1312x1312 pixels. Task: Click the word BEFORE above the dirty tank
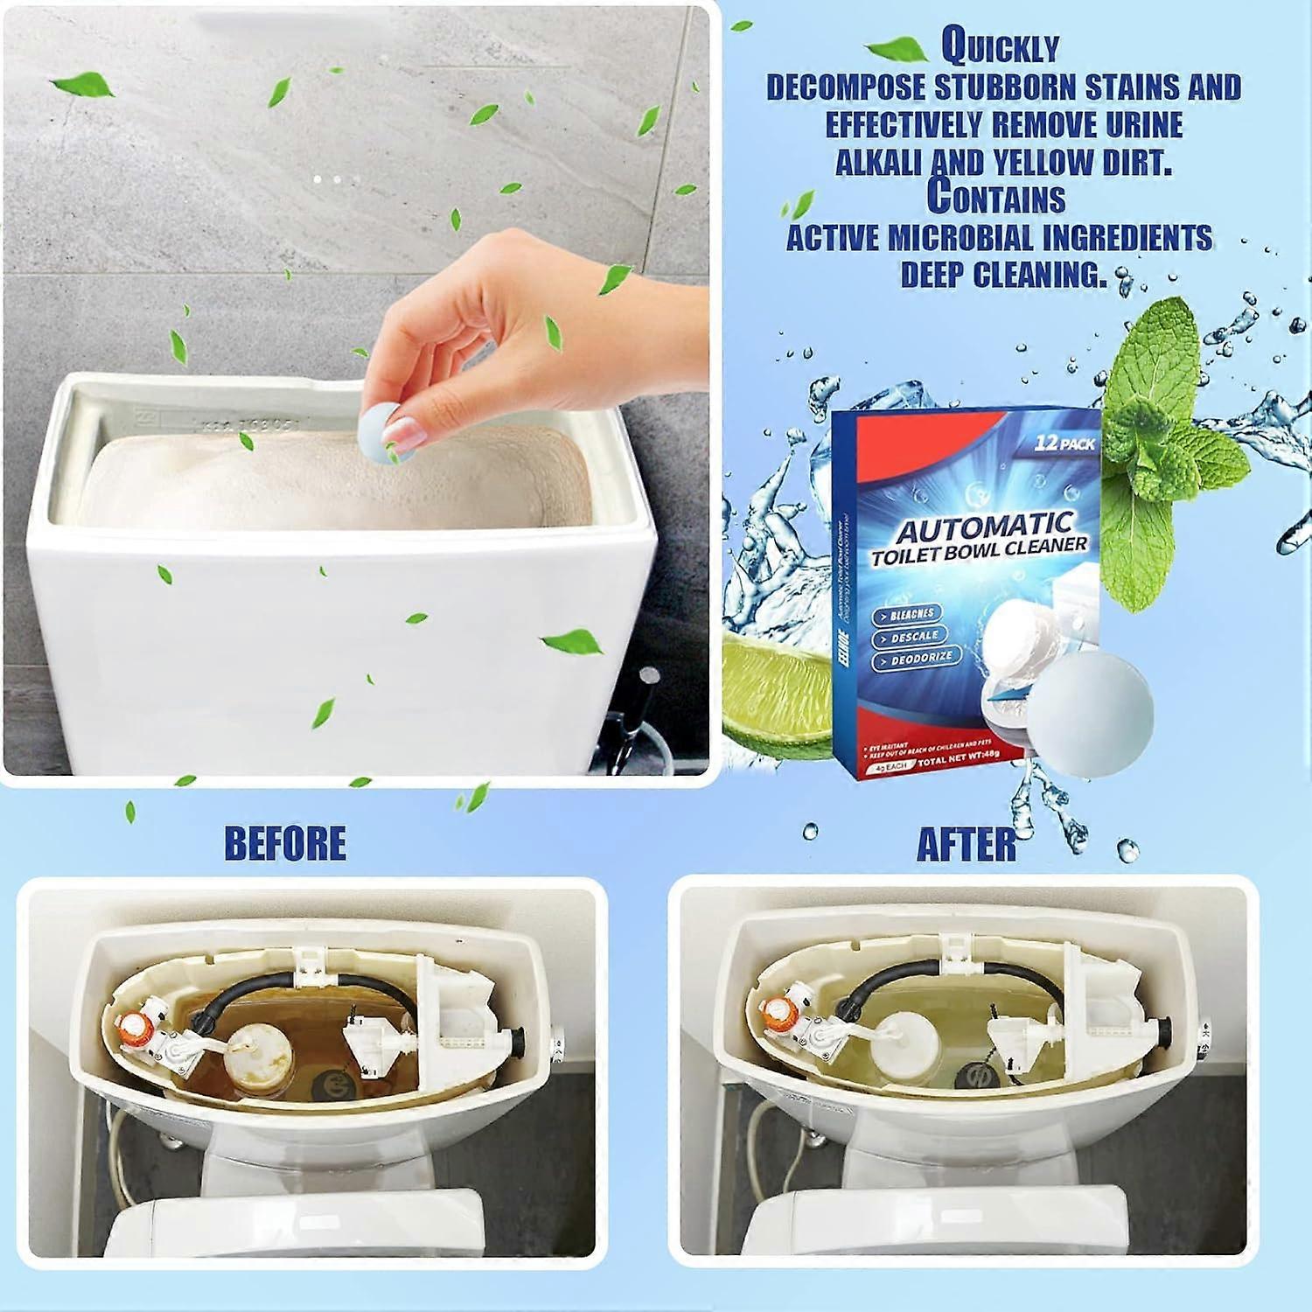[285, 843]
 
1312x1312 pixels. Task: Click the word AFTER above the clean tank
[967, 845]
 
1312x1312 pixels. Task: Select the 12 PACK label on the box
[1064, 443]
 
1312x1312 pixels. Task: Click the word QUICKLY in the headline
[1000, 48]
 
